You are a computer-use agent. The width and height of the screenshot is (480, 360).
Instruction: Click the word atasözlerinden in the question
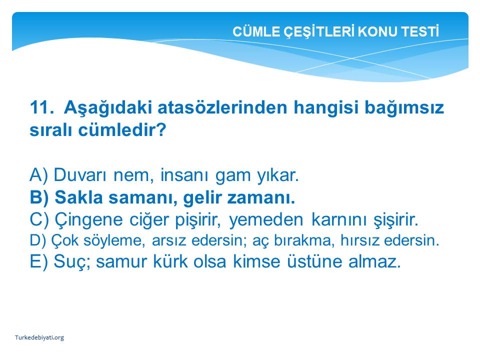click(222, 107)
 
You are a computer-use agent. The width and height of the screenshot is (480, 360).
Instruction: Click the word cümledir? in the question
click(122, 130)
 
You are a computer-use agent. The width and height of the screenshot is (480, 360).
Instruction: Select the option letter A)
click(39, 175)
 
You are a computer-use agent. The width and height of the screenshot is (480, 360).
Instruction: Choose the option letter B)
click(39, 197)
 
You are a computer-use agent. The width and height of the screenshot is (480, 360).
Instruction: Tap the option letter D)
click(38, 240)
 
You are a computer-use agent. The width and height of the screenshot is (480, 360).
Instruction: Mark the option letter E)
click(39, 261)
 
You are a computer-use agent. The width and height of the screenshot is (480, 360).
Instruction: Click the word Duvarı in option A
click(80, 175)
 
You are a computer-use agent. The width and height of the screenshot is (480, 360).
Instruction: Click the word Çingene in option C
click(88, 220)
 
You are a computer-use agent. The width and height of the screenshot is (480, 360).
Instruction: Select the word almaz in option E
click(374, 261)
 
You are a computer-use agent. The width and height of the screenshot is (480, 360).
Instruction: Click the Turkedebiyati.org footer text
click(39, 337)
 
